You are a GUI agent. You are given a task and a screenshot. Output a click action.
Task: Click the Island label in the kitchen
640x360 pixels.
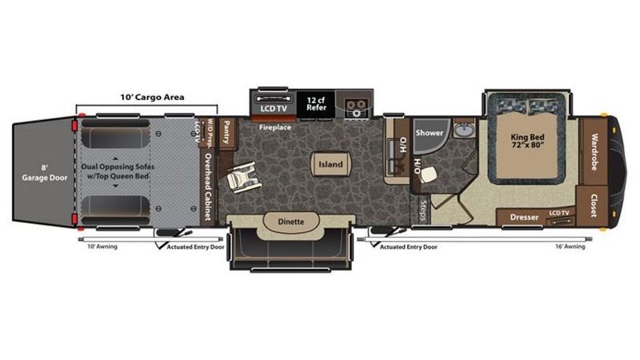[x=330, y=165]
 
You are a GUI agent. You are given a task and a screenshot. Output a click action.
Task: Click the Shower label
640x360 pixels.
[x=429, y=134]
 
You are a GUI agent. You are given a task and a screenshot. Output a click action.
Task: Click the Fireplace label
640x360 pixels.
[x=274, y=127]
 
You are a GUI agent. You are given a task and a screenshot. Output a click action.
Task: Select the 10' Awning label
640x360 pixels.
[x=102, y=246]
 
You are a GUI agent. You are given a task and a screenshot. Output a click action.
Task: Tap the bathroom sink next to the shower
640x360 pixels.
[x=462, y=130]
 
